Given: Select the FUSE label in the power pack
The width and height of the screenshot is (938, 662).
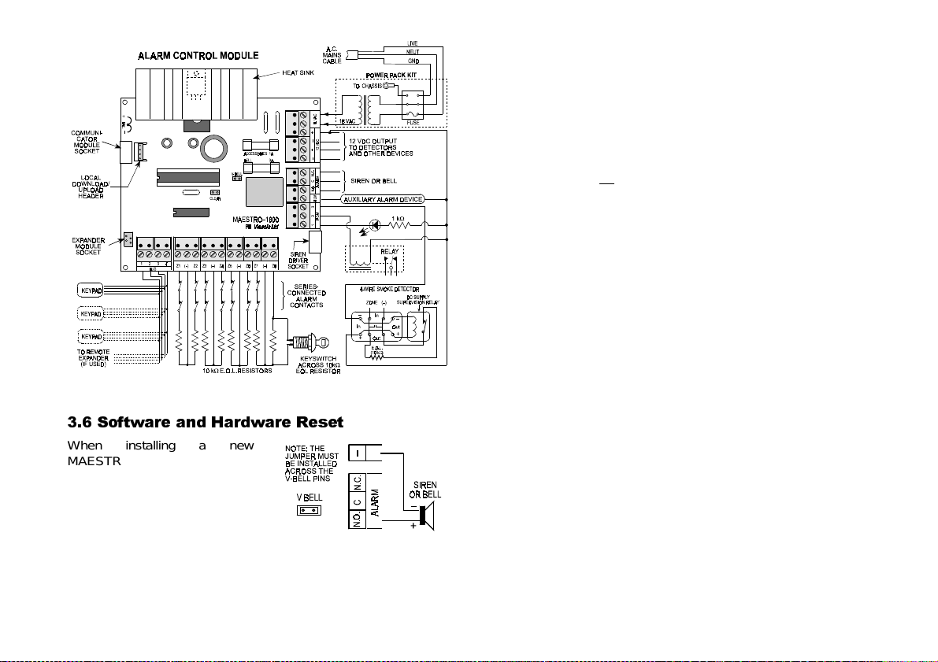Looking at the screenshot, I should coord(412,121).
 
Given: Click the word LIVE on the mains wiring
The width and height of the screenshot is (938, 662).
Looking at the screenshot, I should coord(413,42).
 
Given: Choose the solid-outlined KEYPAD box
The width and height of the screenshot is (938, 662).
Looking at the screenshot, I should coord(91,290).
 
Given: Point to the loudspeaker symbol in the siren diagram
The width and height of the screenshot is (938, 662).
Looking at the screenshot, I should coord(425,516).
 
